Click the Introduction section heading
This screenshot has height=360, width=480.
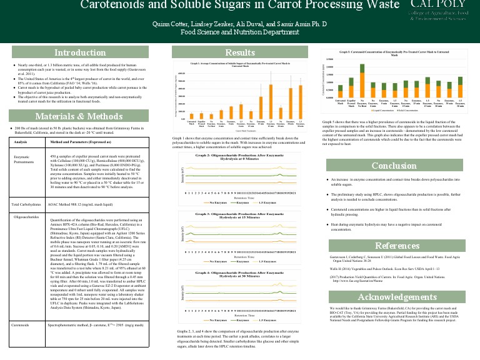pyautogui.click(x=79, y=52)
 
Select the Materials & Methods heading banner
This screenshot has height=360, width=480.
pyautogui.click(x=79, y=116)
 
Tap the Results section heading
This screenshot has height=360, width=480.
pyautogui.click(x=240, y=52)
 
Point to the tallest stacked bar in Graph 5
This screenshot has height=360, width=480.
pyautogui.click(x=362, y=77)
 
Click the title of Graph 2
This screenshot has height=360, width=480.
pyautogui.click(x=240, y=157)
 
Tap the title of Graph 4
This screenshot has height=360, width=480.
pyautogui.click(x=240, y=274)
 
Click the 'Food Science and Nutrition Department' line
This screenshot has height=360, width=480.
pyautogui.click(x=240, y=32)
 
